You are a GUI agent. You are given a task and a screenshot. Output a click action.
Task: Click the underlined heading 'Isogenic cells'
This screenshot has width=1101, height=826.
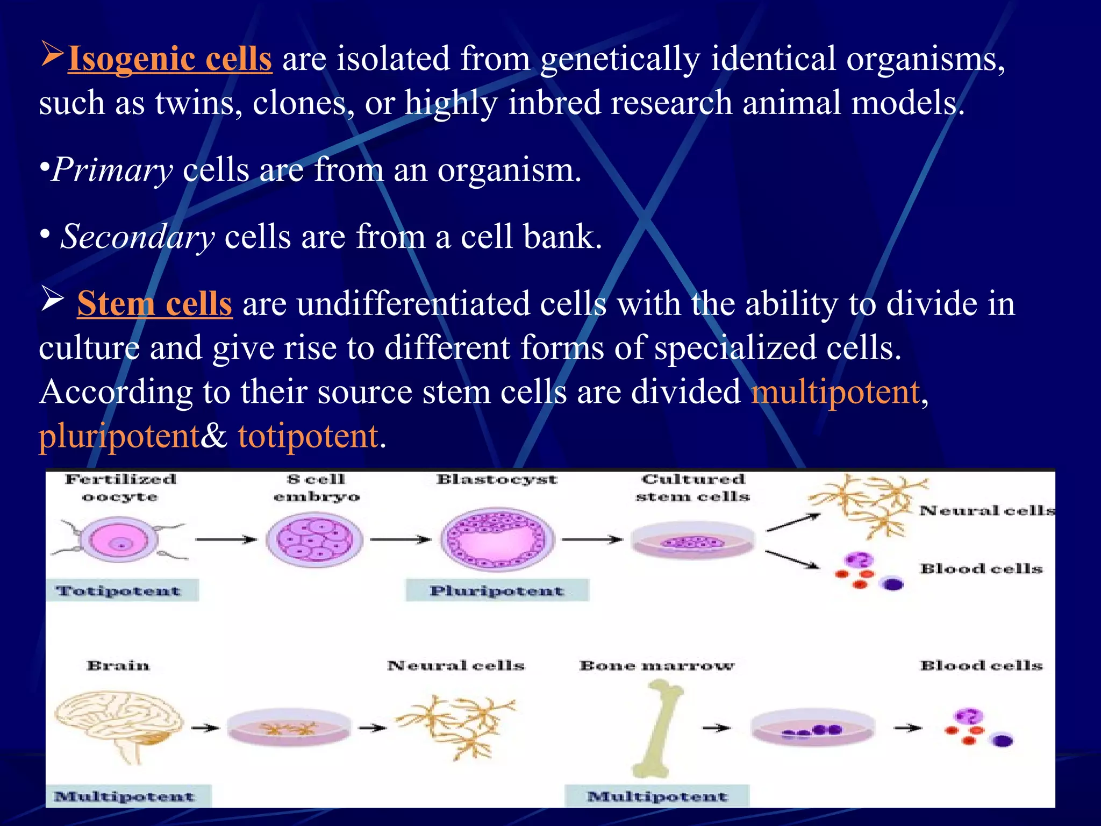tap(170, 59)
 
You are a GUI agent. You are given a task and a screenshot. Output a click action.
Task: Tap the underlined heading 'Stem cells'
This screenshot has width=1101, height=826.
tap(155, 304)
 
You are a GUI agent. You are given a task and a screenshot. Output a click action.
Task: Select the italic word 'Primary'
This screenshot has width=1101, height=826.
tap(112, 170)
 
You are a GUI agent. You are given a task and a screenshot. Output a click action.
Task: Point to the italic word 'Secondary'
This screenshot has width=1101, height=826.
tap(138, 237)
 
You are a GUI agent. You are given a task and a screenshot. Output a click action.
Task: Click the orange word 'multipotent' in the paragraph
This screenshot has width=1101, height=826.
tap(835, 392)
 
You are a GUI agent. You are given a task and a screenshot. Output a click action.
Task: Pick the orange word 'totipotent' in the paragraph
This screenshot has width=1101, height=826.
tap(308, 436)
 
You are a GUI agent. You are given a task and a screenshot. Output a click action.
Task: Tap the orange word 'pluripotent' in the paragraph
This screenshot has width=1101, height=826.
tap(119, 436)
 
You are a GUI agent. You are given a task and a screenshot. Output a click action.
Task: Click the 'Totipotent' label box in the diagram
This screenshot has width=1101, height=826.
tap(121, 590)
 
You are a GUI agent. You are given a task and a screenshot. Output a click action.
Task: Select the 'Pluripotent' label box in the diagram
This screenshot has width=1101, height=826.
tap(497, 590)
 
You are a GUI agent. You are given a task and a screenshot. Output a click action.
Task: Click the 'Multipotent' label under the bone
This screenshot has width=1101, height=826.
tap(656, 796)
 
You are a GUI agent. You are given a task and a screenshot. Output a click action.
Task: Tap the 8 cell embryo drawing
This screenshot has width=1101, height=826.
tap(315, 539)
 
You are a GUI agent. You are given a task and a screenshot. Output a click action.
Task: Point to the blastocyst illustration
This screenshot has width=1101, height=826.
tap(497, 539)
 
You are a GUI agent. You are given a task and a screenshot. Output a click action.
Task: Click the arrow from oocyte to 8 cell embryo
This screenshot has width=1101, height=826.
tap(226, 539)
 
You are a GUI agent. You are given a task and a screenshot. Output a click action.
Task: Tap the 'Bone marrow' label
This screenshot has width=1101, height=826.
tap(656, 666)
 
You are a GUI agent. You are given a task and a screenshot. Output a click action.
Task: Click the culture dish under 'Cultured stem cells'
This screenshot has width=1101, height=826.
tap(692, 541)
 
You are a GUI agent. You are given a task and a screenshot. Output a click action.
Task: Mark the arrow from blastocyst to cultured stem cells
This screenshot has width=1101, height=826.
tap(591, 539)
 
